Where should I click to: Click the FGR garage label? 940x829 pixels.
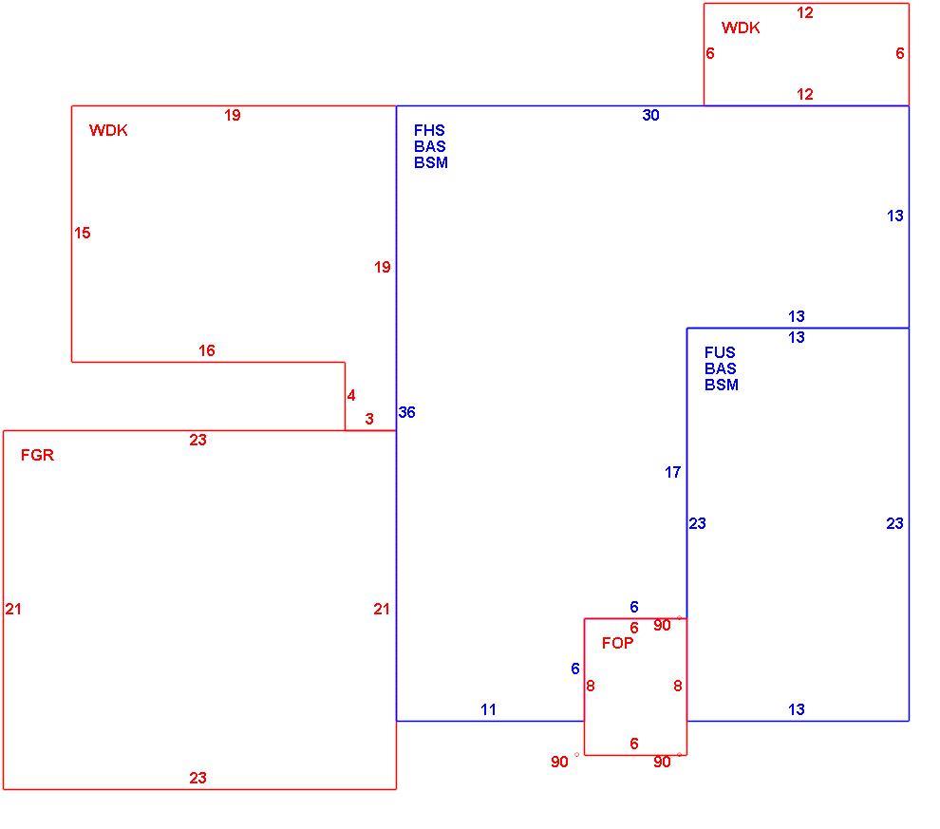37,455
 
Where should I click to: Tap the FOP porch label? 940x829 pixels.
617,643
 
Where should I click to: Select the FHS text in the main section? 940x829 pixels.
429,130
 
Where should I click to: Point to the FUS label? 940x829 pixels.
720,352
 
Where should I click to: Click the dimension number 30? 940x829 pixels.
650,115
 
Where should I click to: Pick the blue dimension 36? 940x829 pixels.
406,412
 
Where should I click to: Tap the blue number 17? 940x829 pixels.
672,472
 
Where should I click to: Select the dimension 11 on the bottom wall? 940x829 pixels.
488,709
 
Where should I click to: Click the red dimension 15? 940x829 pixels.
82,233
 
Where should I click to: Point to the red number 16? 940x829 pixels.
207,350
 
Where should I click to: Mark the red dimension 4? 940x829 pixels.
351,396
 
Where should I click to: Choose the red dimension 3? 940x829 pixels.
369,419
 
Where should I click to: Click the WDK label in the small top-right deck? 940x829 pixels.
741,28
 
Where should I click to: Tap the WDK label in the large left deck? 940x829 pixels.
108,130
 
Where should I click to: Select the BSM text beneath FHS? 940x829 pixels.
431,162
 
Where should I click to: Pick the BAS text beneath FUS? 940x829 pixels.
721,368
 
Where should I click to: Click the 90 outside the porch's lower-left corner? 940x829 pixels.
559,762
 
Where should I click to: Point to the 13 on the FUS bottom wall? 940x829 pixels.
796,709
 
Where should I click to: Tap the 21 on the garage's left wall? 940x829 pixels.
13,609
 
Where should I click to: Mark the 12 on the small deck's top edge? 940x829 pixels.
805,12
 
